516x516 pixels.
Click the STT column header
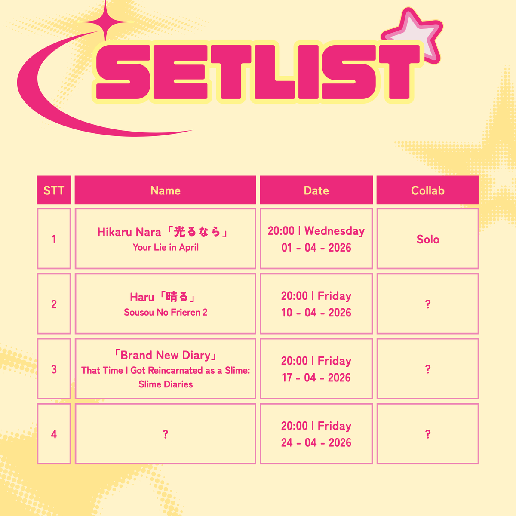point(54,190)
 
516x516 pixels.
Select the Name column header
point(166,190)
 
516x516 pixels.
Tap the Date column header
point(316,190)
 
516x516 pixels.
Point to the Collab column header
point(427,190)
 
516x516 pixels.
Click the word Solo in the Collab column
point(427,240)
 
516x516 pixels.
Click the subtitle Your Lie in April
point(166,247)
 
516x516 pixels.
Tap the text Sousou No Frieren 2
point(166,313)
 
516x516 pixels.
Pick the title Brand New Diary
point(166,355)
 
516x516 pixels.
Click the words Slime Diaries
point(166,384)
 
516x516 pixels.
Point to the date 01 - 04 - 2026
point(316,248)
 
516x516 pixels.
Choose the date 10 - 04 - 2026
point(316,313)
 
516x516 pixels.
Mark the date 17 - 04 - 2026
point(316,378)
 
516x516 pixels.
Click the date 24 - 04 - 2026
point(316,442)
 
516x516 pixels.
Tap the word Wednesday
point(334,231)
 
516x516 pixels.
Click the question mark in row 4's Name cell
point(166,434)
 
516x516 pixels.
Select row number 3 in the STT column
point(54,369)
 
